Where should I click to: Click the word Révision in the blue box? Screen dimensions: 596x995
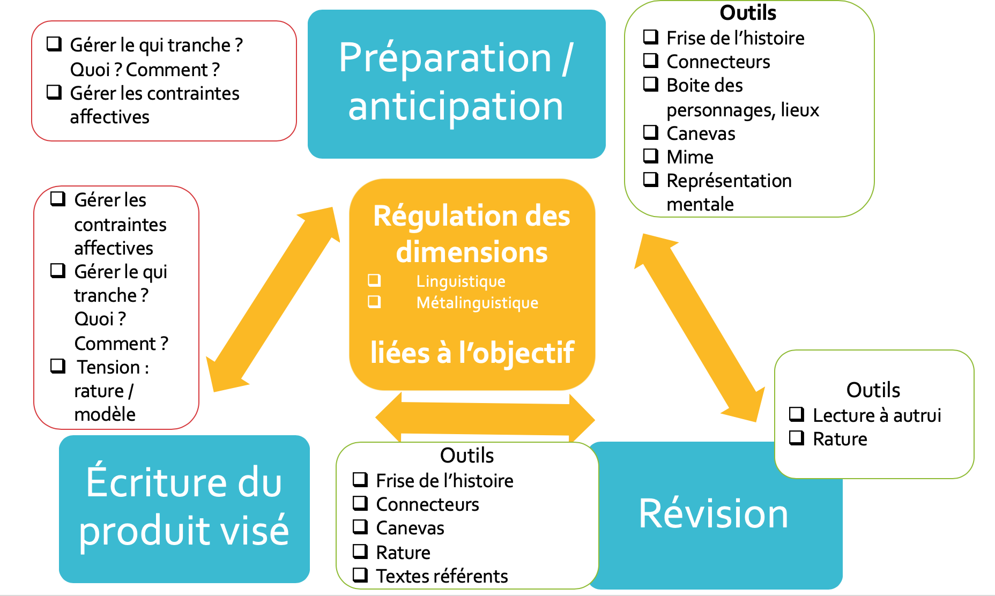pyautogui.click(x=713, y=514)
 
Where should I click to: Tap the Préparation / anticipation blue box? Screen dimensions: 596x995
pyautogui.click(x=456, y=83)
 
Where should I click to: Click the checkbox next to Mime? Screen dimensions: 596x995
pyautogui.click(x=651, y=156)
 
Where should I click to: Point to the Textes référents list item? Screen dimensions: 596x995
pyautogui.click(x=442, y=576)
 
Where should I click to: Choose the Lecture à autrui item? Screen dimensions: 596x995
pyautogui.click(x=877, y=415)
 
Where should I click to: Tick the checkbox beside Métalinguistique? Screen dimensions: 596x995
pyautogui.click(x=374, y=302)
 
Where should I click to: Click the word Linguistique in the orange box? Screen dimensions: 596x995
pyautogui.click(x=461, y=281)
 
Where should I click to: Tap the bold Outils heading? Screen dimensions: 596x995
pyautogui.click(x=748, y=12)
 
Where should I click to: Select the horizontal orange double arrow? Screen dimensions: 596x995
pyautogui.click(x=485, y=418)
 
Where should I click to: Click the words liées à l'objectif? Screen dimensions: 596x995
pyautogui.click(x=472, y=353)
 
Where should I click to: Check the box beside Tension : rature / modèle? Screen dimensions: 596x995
pyautogui.click(x=58, y=366)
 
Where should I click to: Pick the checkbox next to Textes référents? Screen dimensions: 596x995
pyautogui.click(x=360, y=575)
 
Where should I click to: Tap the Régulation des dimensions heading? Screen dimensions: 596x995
pyautogui.click(x=472, y=234)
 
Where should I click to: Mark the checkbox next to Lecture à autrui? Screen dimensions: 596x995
pyautogui.click(x=797, y=414)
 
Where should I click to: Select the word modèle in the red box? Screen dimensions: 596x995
pyautogui.click(x=105, y=414)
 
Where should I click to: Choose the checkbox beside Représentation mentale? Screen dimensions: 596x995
pyautogui.click(x=651, y=180)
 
